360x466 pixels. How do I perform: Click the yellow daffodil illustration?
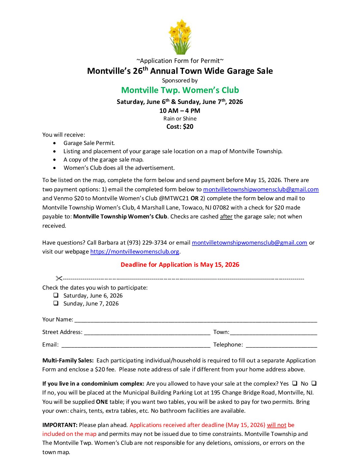point(180,37)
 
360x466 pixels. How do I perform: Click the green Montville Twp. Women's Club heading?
point(180,90)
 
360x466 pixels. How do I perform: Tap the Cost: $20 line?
point(180,126)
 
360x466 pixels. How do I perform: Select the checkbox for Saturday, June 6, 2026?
point(56,295)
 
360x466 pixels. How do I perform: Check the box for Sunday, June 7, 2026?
point(56,303)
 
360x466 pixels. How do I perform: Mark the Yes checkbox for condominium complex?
point(294,383)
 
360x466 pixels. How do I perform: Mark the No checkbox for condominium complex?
point(314,383)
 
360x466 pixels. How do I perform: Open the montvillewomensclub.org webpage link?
point(135,252)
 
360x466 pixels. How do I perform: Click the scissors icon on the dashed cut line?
point(59,278)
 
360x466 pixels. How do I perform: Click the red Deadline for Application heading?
point(180,264)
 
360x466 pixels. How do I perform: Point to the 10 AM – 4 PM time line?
point(180,111)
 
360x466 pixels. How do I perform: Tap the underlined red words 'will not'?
point(277,425)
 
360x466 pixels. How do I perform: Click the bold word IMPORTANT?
point(60,425)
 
